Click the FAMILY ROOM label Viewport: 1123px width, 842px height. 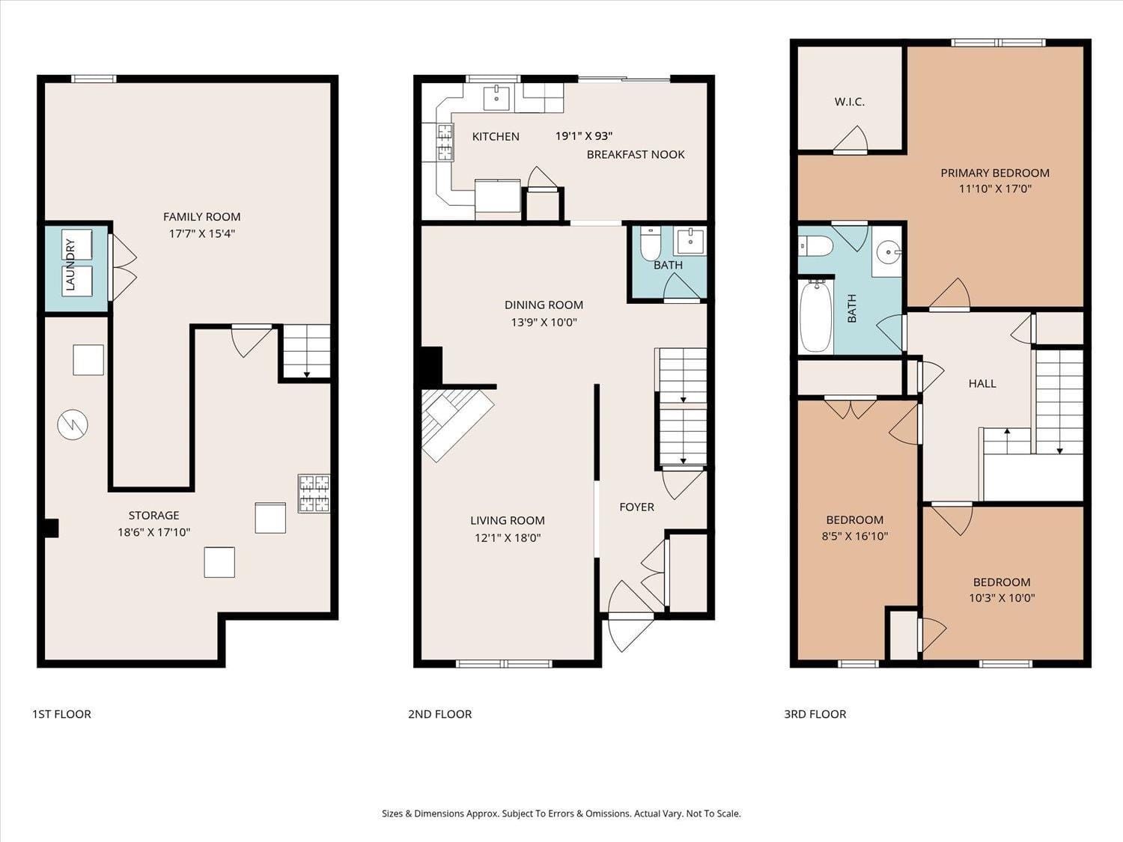201,217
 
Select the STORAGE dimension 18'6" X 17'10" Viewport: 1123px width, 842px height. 154,532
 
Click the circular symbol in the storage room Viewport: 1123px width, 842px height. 73,425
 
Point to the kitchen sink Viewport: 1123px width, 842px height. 496,96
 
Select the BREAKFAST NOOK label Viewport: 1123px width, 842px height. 636,154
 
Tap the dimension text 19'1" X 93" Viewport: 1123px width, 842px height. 584,135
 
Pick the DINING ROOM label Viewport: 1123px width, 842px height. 544,305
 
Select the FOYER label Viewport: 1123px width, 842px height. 636,507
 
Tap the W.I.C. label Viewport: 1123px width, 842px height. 850,102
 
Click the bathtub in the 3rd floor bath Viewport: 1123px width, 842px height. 815,316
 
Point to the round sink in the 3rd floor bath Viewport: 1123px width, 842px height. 889,252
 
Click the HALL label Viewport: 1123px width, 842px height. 982,383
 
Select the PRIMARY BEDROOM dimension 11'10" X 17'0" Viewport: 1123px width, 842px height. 995,189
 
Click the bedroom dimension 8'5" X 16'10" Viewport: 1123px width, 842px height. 855,536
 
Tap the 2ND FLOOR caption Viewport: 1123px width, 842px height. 439,714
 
